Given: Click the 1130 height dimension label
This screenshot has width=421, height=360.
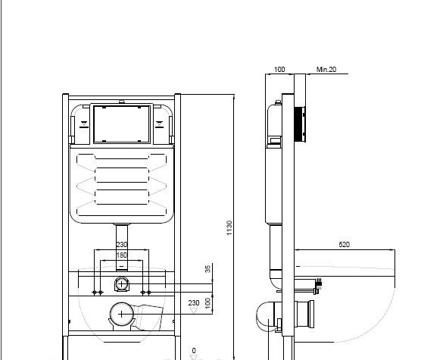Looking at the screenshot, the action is point(229,228).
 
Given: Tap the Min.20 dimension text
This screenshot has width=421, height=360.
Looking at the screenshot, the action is point(326,70).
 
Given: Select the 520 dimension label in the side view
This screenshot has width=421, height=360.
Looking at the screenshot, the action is point(345,245).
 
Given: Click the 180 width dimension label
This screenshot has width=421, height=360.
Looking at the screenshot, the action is point(121,255).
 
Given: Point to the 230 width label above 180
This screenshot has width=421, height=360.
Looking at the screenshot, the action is point(121,245).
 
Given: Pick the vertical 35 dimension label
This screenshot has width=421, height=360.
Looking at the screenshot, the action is point(207,269).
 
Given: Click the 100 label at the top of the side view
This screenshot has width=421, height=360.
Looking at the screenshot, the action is point(279,70).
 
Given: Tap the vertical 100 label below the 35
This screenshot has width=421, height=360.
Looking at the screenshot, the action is point(207,303).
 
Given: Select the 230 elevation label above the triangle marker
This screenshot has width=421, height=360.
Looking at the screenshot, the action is point(194,303).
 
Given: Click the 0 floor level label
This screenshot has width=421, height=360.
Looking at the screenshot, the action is point(194,351).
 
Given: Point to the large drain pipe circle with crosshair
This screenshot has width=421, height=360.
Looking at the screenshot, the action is point(122,314).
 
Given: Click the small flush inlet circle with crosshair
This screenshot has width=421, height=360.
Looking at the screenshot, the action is point(121,283).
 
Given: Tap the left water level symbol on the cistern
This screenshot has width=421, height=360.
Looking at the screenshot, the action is point(84,124).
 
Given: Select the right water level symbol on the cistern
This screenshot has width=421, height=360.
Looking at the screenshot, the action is point(160,124).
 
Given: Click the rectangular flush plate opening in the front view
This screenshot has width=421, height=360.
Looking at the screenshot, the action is point(122,124).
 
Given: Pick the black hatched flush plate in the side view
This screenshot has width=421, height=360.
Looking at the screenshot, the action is point(300,124).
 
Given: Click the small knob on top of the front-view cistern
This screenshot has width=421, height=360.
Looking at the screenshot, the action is point(122,102).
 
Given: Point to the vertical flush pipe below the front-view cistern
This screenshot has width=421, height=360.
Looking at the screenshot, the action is point(122,246).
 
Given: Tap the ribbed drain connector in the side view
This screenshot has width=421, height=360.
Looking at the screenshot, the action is point(304,314).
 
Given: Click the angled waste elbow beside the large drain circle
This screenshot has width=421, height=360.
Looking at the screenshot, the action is point(148,317).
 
